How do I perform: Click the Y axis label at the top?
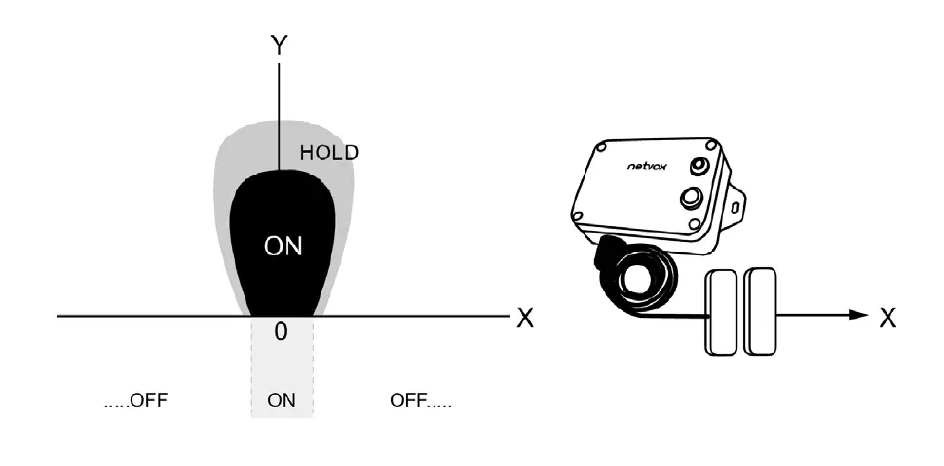(x=280, y=46)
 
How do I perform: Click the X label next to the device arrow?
(x=887, y=318)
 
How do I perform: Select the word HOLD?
(x=328, y=153)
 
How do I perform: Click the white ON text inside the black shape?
(x=283, y=247)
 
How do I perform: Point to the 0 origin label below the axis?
(x=281, y=332)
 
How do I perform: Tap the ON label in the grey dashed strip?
(x=282, y=401)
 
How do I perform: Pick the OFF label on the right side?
(x=420, y=401)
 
